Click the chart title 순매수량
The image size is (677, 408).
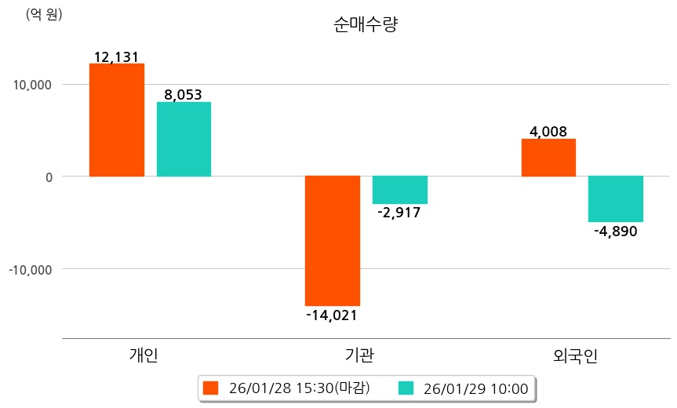click(366, 24)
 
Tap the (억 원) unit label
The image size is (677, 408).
click(44, 15)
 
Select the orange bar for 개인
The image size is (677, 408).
click(117, 120)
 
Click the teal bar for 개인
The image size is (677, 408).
click(184, 139)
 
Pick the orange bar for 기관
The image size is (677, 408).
click(333, 240)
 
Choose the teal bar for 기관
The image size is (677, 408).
click(400, 190)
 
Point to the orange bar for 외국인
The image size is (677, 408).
click(548, 158)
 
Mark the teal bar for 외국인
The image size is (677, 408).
click(616, 199)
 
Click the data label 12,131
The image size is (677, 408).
click(117, 57)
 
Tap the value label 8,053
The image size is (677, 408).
click(184, 95)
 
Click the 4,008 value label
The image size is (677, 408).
click(548, 132)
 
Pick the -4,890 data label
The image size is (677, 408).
click(615, 231)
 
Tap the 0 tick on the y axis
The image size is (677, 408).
click(48, 177)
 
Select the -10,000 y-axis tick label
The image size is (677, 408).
click(30, 269)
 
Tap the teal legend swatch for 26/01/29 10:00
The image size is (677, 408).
click(406, 388)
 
